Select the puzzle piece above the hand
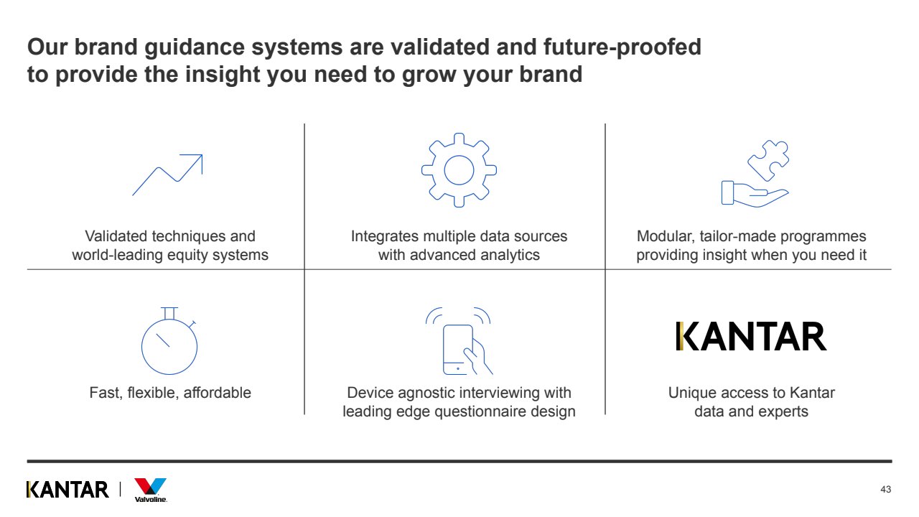tap(768, 160)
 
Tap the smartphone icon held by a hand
tap(458, 349)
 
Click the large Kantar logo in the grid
tap(751, 336)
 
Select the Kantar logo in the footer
tap(67, 490)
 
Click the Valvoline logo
tap(151, 490)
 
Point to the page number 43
tap(885, 490)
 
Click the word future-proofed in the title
tap(622, 47)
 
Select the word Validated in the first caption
tap(116, 236)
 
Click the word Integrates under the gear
tap(384, 236)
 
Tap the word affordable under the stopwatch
tap(217, 393)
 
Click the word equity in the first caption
tap(188, 255)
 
